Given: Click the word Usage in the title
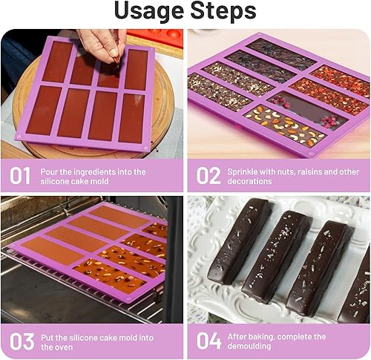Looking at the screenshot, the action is (x=149, y=11).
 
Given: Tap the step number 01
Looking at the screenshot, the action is (x=20, y=175).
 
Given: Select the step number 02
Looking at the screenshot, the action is (x=209, y=175).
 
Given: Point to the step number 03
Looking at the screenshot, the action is (x=22, y=341).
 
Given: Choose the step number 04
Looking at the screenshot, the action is (x=209, y=341).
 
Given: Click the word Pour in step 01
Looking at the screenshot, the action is (x=49, y=171).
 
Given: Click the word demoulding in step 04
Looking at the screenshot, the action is (x=249, y=347).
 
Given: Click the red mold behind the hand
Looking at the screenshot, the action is (x=155, y=38).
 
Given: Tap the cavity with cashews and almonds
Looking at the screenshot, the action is (x=285, y=125).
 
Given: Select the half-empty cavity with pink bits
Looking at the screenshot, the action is (x=308, y=108).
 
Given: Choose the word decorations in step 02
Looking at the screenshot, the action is (x=249, y=181).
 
